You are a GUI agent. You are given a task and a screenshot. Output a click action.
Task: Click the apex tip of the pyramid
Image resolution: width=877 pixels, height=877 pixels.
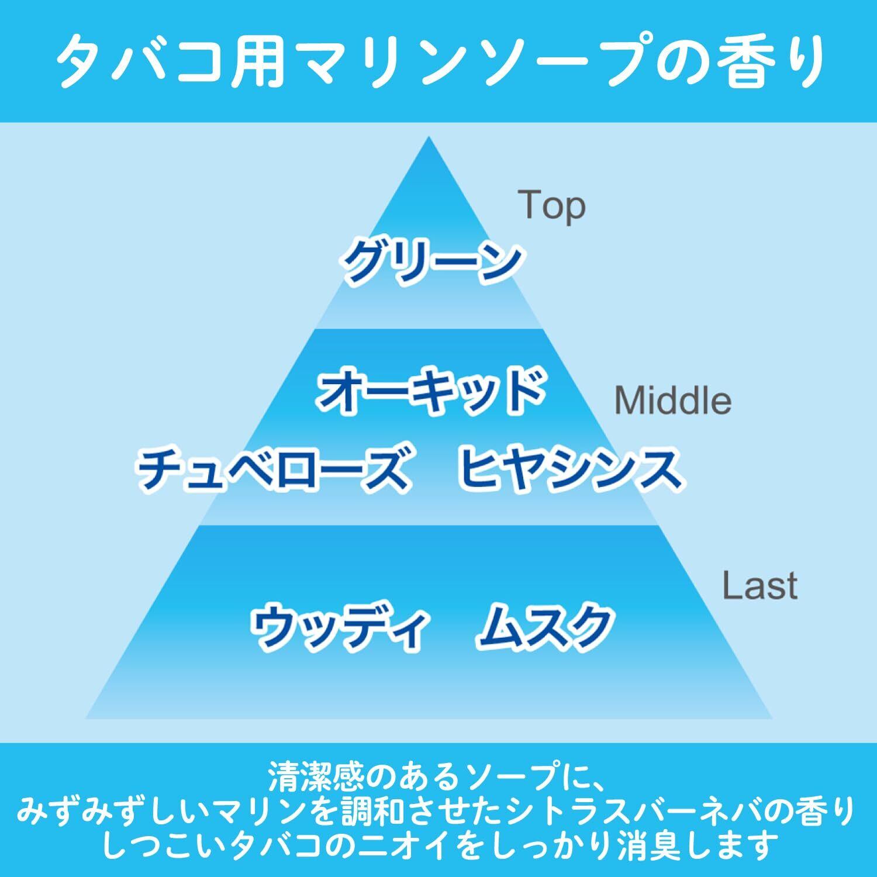point(429,139)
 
